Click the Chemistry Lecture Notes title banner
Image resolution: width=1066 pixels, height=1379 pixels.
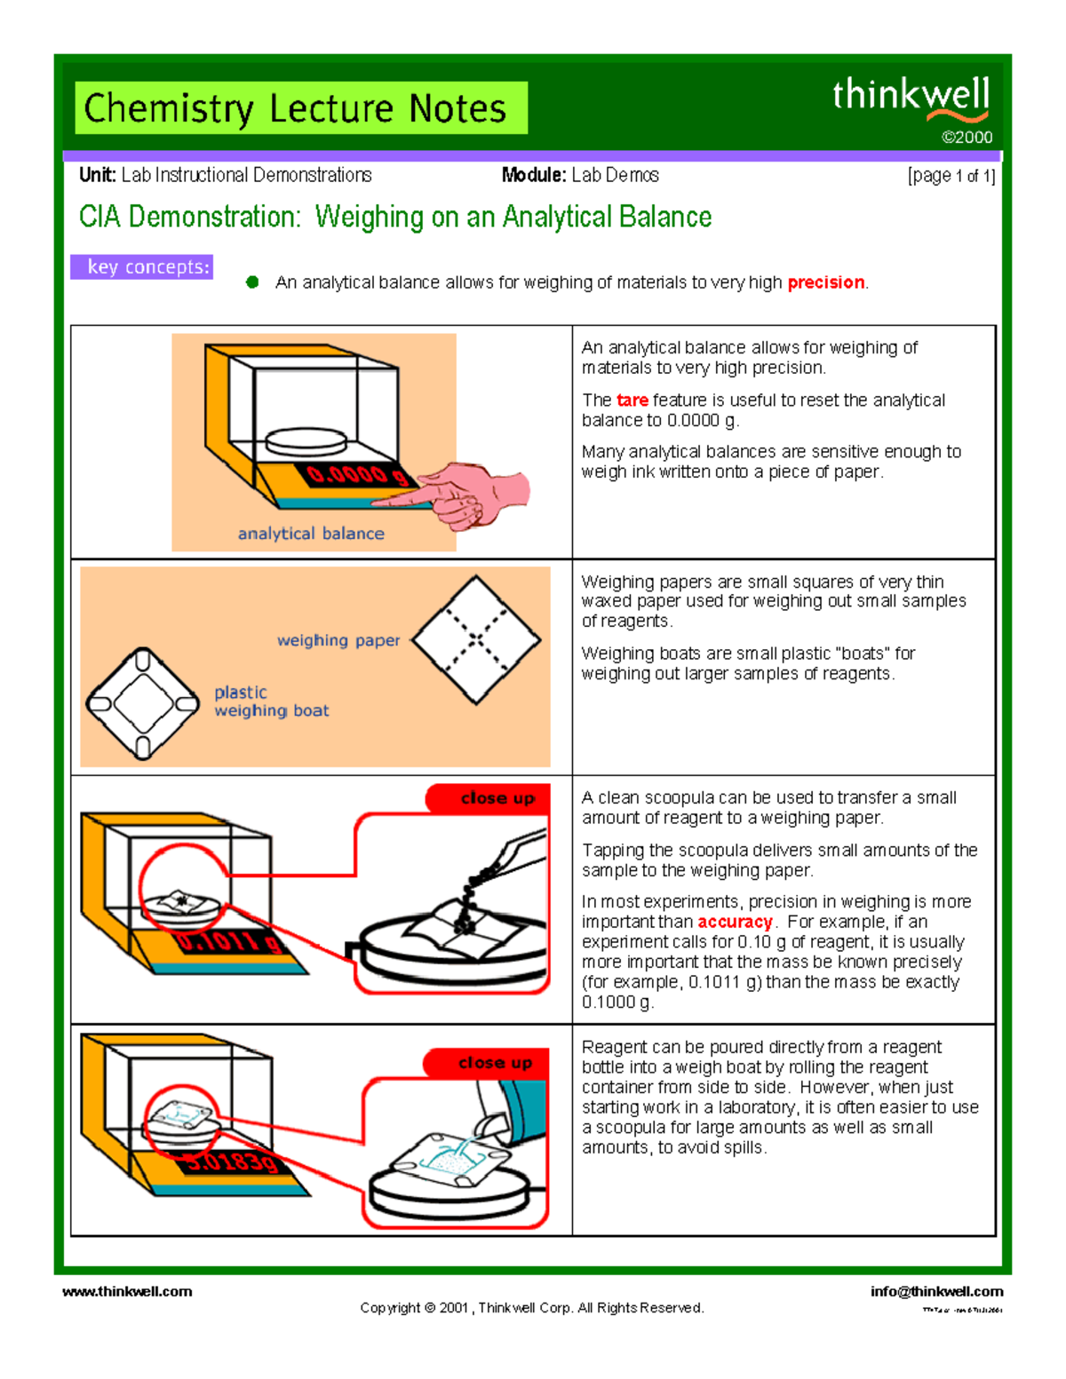301,108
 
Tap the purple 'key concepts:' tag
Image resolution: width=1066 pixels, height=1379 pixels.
142,267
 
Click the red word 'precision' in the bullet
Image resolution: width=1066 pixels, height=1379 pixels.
825,282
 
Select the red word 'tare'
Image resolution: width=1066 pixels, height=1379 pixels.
632,400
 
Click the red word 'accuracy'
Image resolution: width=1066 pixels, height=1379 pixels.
735,922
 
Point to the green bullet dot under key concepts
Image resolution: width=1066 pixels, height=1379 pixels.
252,282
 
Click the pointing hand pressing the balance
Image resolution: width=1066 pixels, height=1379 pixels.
471,494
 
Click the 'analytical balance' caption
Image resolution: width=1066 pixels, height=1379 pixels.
311,534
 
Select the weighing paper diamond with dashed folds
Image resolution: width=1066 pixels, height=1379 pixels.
476,639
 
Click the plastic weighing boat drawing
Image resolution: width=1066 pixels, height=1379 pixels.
142,703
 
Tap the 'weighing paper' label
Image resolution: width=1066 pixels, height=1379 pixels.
338,640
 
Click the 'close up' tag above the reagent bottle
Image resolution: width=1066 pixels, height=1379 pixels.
494,1063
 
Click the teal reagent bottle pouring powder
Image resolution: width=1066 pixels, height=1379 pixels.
515,1110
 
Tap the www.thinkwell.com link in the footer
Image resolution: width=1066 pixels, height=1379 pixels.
127,1291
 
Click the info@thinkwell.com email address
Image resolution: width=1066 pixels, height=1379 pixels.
936,1291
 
